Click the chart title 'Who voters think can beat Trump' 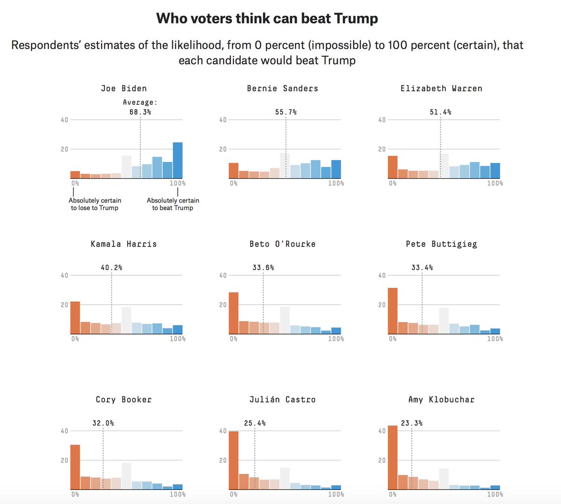267,19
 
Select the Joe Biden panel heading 124,88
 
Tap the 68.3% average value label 140,112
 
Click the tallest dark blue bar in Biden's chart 178,161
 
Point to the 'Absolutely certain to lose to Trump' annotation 95,204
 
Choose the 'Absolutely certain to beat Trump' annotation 173,204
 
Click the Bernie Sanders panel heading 282,88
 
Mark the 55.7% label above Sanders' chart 286,112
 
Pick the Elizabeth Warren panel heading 441,88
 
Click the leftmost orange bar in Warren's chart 393,167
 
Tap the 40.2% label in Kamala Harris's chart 112,268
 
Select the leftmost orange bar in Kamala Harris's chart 75,318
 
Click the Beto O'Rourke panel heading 282,244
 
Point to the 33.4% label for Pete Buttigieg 422,268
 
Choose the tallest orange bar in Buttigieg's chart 393,311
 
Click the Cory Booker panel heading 124,400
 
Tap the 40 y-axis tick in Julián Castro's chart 223,431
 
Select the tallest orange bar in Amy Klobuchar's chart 393,458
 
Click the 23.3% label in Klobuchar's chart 411,423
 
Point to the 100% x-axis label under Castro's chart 336,494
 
